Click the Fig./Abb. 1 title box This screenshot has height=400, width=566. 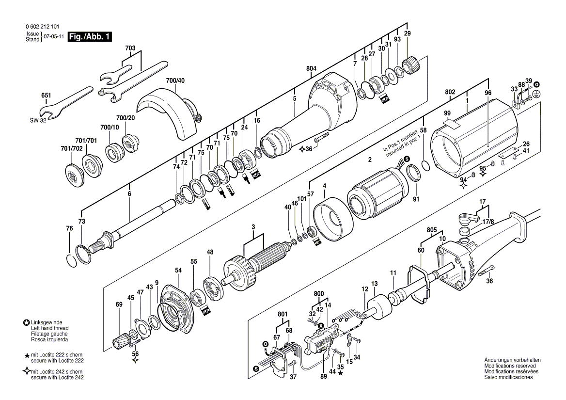point(90,37)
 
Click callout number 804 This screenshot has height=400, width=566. point(311,69)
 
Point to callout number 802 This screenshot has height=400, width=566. point(450,92)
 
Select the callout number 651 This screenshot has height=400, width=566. point(46,96)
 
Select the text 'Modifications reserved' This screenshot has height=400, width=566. point(510,366)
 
